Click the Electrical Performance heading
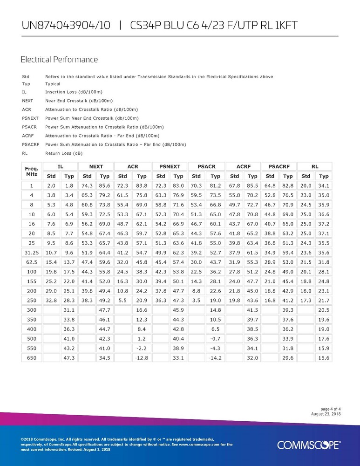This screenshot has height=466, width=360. (x=59, y=60)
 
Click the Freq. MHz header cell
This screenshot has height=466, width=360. (x=31, y=171)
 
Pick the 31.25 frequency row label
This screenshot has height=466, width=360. (x=31, y=252)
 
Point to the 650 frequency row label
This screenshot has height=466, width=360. (x=31, y=358)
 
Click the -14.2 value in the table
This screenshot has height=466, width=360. (x=215, y=358)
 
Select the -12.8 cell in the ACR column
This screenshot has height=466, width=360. (x=142, y=358)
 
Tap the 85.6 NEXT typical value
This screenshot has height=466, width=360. (x=105, y=185)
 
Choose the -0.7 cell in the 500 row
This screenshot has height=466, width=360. (x=215, y=339)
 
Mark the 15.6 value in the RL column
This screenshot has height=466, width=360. (x=324, y=358)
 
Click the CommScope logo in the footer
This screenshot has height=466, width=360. (x=309, y=445)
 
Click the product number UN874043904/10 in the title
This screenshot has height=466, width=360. (x=66, y=25)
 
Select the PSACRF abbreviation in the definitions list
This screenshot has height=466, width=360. (x=30, y=144)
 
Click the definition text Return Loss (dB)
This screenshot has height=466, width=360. (x=64, y=152)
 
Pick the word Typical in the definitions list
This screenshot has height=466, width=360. (x=53, y=84)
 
